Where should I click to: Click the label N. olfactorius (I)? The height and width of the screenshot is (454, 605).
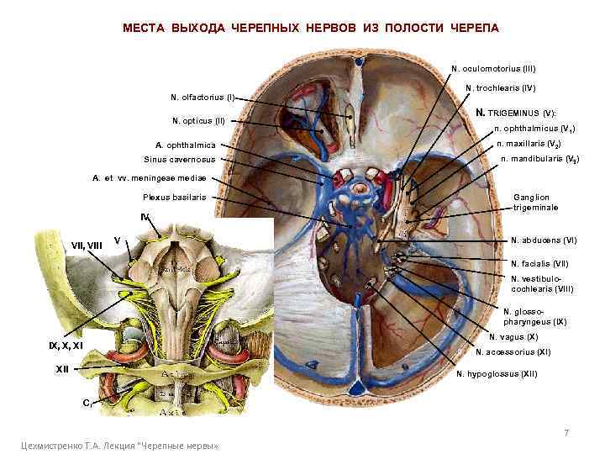tap(203, 97)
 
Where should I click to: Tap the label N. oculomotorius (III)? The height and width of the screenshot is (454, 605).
tap(493, 68)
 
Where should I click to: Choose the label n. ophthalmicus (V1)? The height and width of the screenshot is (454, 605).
tap(534, 129)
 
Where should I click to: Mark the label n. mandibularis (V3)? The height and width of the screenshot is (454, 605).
tap(539, 159)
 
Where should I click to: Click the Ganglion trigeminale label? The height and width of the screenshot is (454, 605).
tap(535, 202)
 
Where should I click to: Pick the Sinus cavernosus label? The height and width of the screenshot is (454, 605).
tap(179, 160)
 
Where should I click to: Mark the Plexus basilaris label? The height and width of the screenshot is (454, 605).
tap(174, 198)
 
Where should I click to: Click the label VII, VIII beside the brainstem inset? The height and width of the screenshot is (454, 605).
tap(87, 245)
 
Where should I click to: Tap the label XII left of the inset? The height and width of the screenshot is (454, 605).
tap(62, 368)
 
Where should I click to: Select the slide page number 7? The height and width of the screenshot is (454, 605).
tap(566, 433)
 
